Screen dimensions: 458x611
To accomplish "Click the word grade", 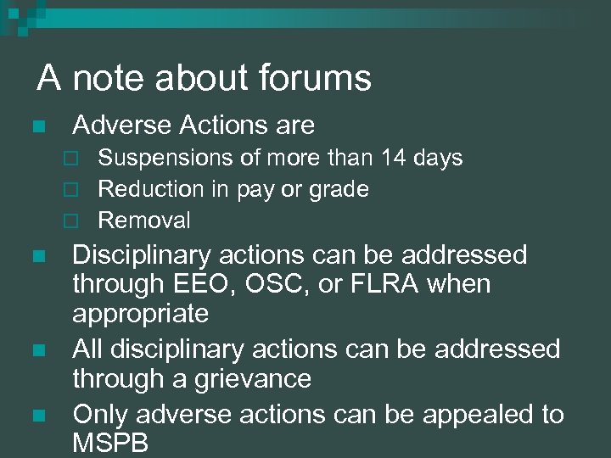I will (x=339, y=190).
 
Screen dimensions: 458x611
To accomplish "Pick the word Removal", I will (x=145, y=221).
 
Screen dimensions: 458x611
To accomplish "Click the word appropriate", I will (x=141, y=315).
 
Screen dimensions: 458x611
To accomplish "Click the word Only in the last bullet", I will (x=102, y=414).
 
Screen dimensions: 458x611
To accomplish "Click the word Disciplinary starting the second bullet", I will (x=150, y=254).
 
